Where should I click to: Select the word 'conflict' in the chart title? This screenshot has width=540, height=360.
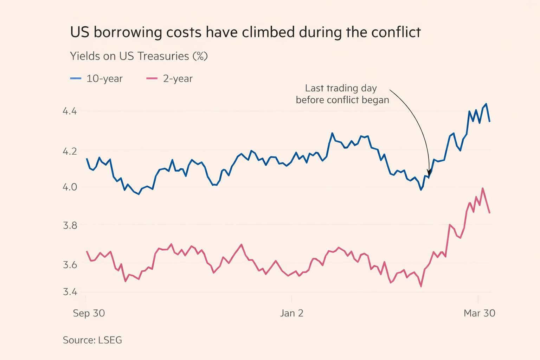pyautogui.click(x=396, y=32)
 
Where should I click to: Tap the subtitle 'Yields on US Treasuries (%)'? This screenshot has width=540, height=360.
pyautogui.click(x=139, y=56)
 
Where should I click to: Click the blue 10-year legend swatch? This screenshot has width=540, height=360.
pyautogui.click(x=76, y=78)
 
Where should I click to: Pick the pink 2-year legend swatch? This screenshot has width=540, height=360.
pyautogui.click(x=152, y=78)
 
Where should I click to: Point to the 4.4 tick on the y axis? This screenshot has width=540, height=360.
pyautogui.click(x=70, y=111)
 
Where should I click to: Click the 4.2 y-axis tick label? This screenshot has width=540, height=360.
pyautogui.click(x=70, y=151)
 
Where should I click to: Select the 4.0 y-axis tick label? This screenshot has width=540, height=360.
pyautogui.click(x=70, y=187)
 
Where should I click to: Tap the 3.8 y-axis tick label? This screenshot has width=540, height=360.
pyautogui.click(x=70, y=225)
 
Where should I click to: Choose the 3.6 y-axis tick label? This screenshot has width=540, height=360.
pyautogui.click(x=70, y=264)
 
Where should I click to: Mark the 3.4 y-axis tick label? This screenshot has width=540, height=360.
pyautogui.click(x=70, y=292)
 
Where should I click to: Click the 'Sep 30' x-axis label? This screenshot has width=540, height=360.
pyautogui.click(x=89, y=313)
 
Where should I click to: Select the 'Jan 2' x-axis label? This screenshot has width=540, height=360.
pyautogui.click(x=292, y=313)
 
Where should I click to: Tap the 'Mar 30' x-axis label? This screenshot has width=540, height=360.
pyautogui.click(x=479, y=313)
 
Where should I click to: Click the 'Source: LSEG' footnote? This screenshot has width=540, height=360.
pyautogui.click(x=92, y=340)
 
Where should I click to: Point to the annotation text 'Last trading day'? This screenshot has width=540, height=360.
pyautogui.click(x=341, y=88)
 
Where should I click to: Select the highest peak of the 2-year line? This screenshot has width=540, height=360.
pyautogui.click(x=483, y=188)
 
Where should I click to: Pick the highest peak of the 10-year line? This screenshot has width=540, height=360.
pyautogui.click(x=486, y=104)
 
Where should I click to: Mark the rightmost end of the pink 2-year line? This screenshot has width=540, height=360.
pyautogui.click(x=489, y=212)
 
